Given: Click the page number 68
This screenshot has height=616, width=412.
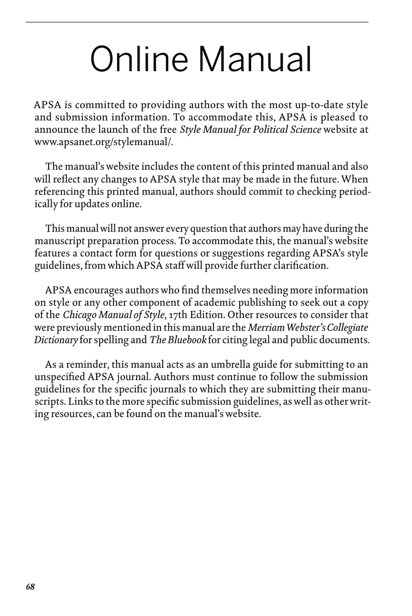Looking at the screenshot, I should (30, 587).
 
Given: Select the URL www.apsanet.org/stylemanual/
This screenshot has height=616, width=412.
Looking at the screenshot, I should (104, 142).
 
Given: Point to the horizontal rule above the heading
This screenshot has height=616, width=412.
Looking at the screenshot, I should (197, 22).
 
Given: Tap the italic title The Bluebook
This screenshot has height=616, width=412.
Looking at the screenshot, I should (178, 340).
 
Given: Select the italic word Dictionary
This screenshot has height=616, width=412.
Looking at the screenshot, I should (56, 340).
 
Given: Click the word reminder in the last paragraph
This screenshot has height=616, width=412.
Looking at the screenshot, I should (82, 364).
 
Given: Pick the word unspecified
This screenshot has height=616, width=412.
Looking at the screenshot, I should (59, 377).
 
